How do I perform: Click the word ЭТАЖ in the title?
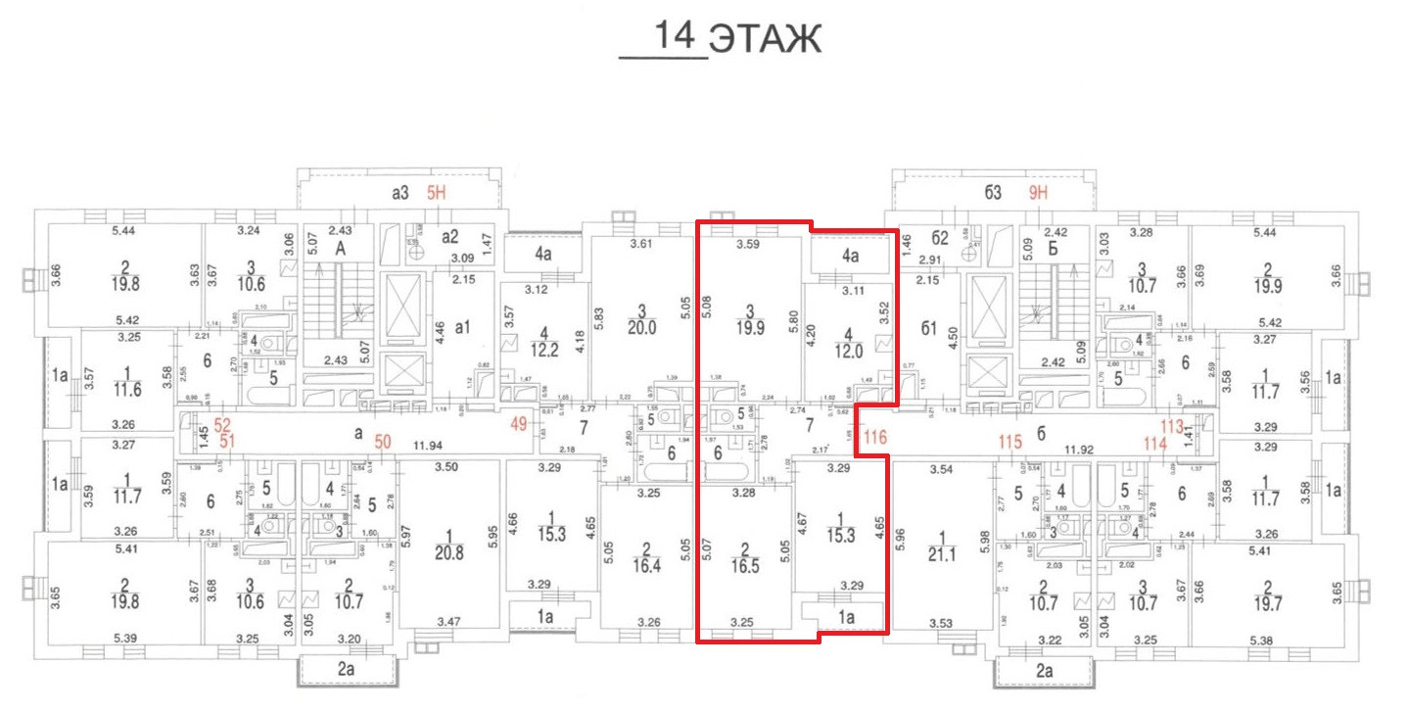[x=764, y=40]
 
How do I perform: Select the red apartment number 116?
[x=874, y=438]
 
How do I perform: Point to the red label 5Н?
[x=434, y=194]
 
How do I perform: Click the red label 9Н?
[x=1038, y=194]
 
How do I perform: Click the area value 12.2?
[x=544, y=351]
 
